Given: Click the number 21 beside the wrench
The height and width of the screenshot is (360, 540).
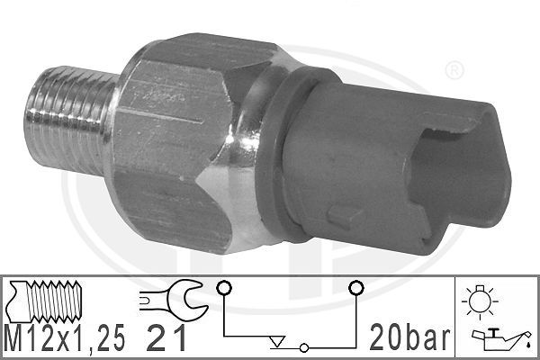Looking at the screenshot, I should pos(166,340).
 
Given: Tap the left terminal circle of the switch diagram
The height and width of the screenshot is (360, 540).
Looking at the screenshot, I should pos(223,287).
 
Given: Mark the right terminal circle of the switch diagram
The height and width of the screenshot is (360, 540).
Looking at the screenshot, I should pos(356,287).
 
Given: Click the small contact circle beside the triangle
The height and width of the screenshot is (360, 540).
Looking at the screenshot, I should pos(305,347).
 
